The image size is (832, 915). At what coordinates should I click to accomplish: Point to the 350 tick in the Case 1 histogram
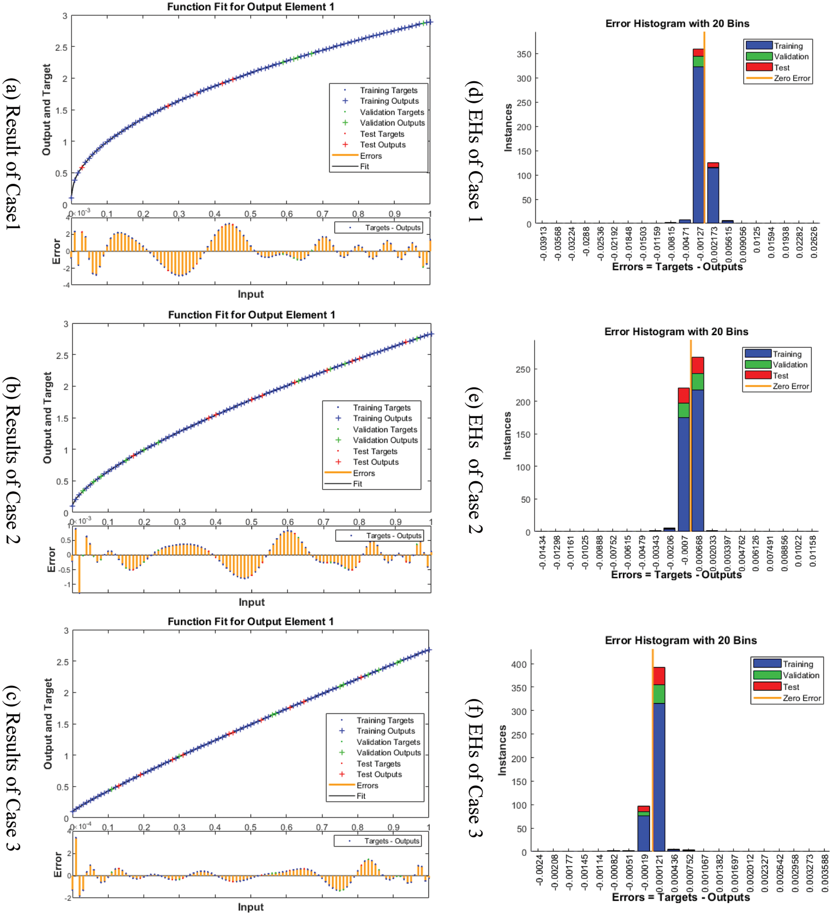(x=524, y=54)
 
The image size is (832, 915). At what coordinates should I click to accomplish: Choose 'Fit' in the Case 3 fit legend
(x=361, y=796)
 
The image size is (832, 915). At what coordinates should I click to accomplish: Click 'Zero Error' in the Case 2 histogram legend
(x=790, y=386)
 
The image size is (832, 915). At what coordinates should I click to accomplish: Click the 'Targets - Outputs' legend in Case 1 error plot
(x=393, y=227)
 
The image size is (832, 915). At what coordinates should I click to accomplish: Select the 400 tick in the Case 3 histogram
(x=519, y=665)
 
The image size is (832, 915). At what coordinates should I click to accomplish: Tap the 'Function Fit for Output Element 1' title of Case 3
(x=250, y=621)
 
